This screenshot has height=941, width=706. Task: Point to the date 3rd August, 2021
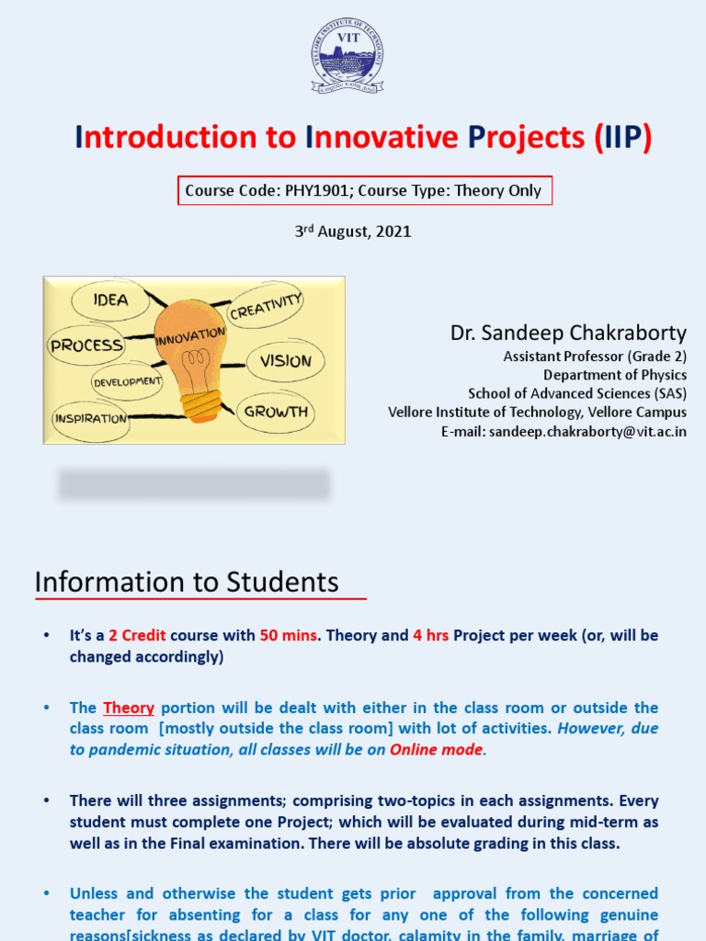352,232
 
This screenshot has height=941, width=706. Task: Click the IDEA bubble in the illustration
110,300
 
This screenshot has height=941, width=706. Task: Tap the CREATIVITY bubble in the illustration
266,307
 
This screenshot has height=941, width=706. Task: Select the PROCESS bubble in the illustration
86,346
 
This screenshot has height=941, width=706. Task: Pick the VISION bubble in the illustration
285,361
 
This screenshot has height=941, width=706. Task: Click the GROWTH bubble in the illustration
276,412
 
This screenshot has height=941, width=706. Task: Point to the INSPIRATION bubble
90,418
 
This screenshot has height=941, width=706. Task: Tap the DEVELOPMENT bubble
127,380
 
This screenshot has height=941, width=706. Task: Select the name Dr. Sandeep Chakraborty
568,333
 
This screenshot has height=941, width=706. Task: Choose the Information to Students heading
187,582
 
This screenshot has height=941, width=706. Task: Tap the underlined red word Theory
129,708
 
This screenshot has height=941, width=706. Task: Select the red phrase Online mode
436,749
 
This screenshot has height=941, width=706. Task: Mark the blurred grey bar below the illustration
194,484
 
